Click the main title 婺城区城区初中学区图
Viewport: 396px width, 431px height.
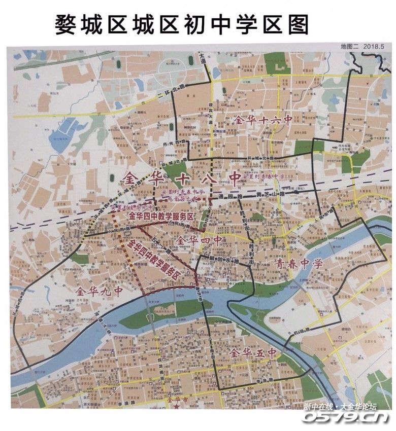(181, 24)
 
